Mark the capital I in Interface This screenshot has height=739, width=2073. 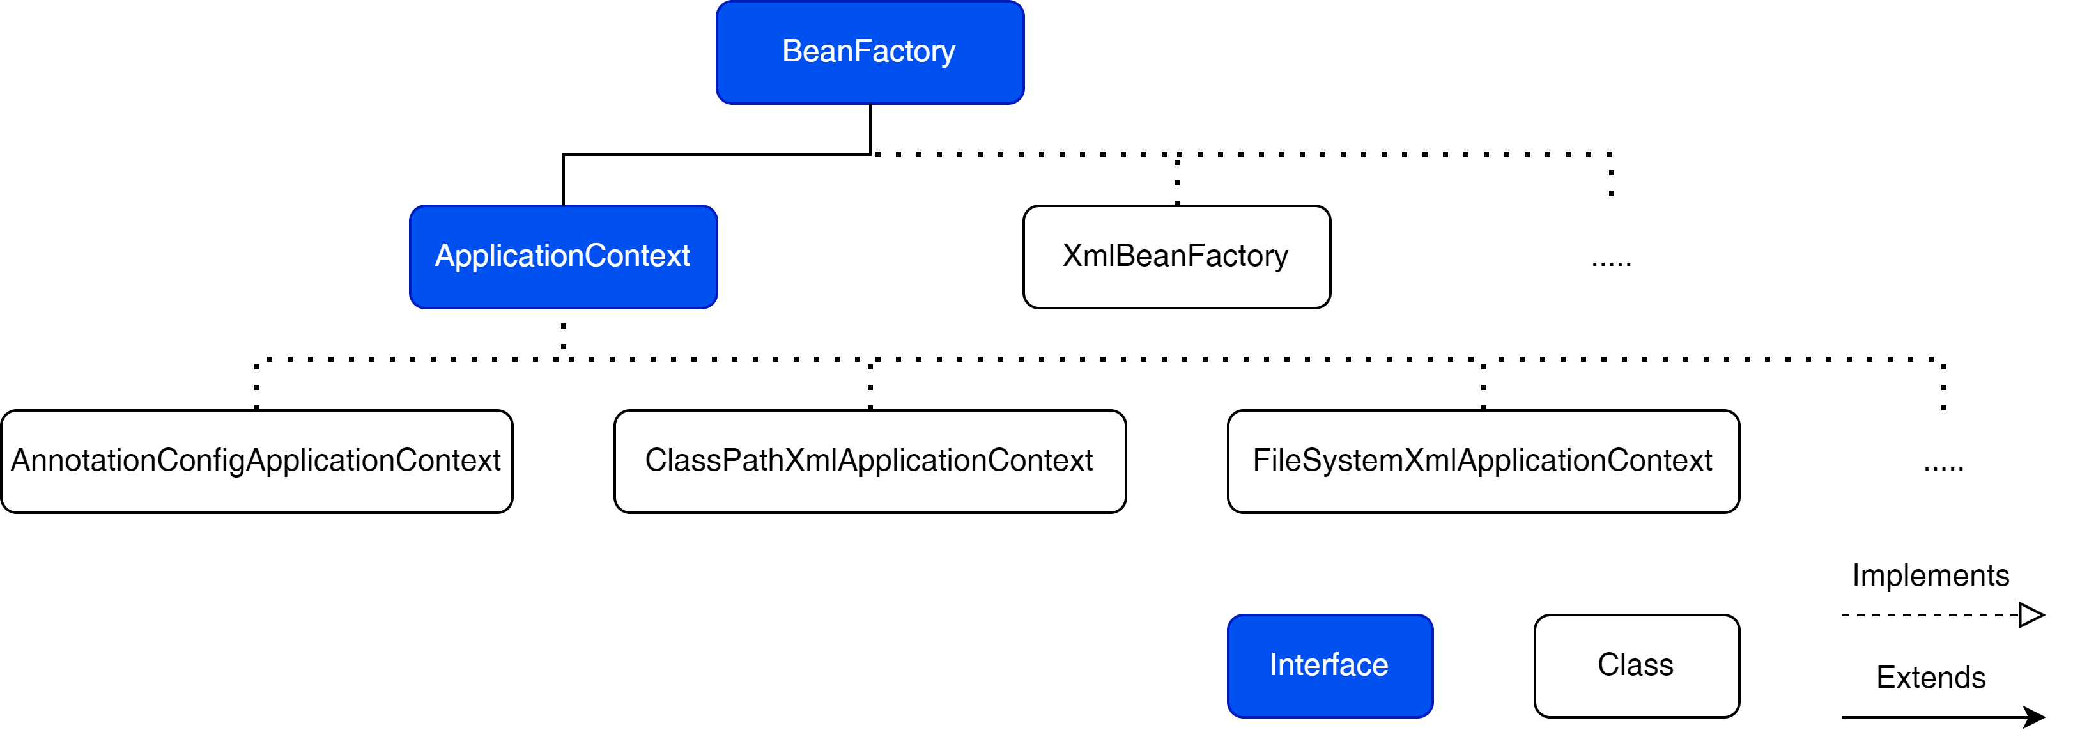(x=1274, y=665)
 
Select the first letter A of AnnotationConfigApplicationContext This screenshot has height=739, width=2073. (x=22, y=460)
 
